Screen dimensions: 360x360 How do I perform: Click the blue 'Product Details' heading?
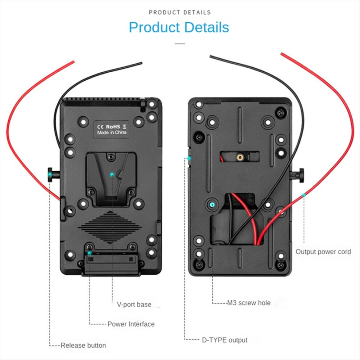coord(179,27)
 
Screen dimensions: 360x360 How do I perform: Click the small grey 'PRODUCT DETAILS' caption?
coord(180,12)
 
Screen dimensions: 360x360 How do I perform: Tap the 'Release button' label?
coord(83,345)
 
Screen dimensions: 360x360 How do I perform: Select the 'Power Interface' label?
coord(131,324)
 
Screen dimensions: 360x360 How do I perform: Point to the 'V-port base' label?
coord(134,304)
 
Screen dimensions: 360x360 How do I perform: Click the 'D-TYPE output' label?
coord(224,340)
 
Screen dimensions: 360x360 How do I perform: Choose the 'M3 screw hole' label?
coord(249,303)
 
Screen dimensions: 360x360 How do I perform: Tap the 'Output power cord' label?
coord(323,252)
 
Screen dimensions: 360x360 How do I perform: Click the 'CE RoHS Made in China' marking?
coord(111,129)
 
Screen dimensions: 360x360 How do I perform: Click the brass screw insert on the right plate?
coord(240,157)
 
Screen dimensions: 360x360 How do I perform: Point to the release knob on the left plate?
coord(53,175)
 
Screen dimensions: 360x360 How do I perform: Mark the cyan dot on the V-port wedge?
coord(112,175)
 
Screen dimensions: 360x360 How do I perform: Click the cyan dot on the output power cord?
coord(304,195)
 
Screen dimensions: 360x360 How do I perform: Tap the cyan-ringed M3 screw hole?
coord(212,204)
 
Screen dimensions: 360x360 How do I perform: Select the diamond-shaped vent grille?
coord(110,227)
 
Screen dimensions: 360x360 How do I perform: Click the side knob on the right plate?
coord(298,175)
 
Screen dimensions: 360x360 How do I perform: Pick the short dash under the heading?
coord(180,43)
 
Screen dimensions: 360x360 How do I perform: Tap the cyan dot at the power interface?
coord(89,253)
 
